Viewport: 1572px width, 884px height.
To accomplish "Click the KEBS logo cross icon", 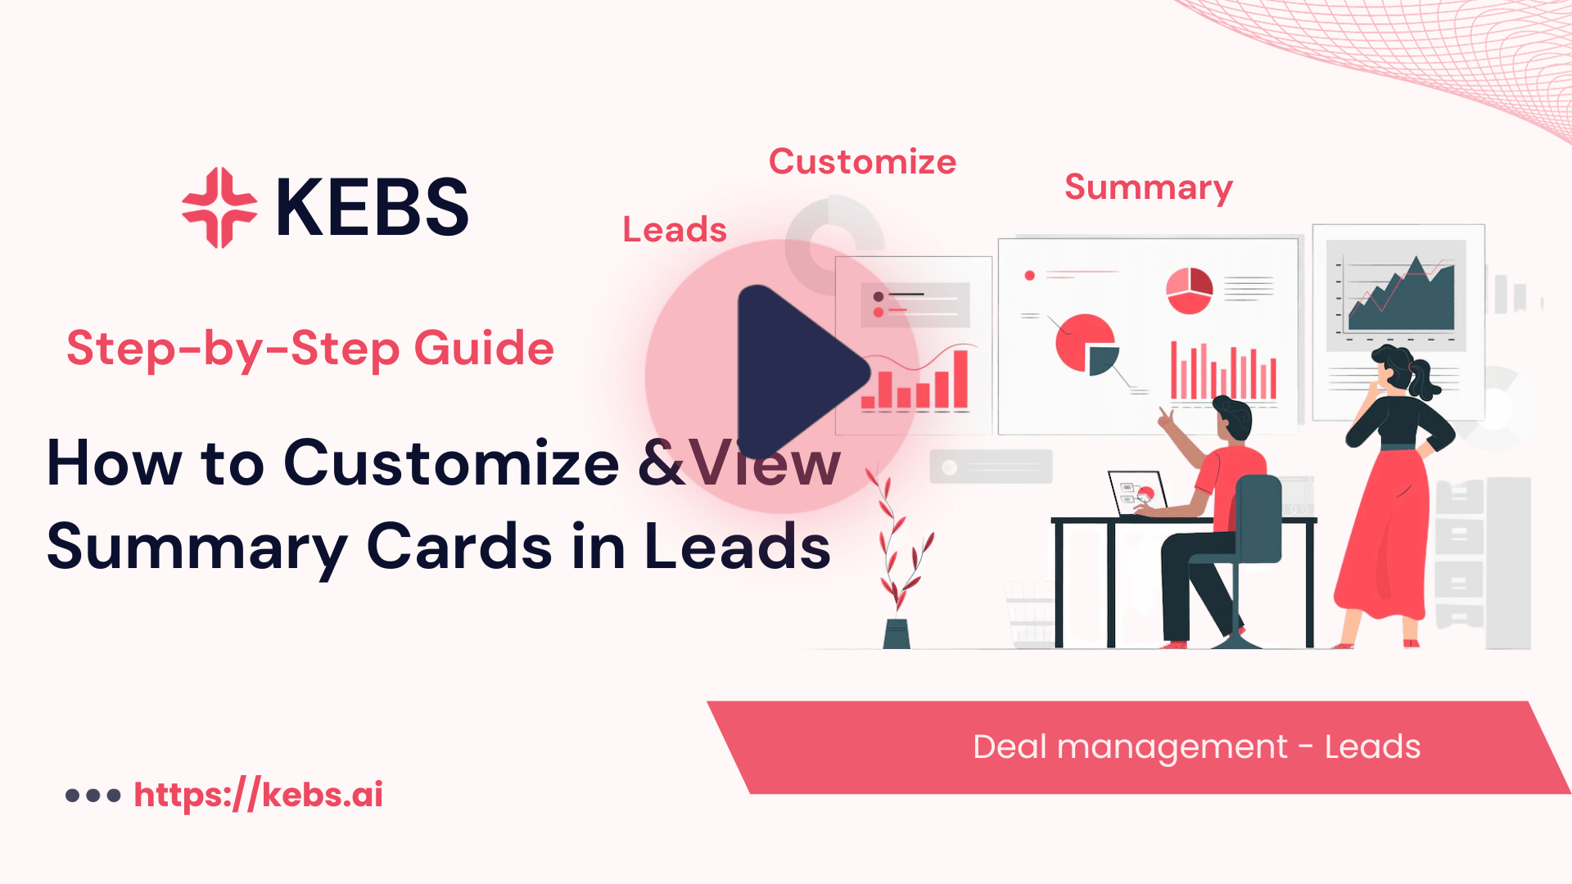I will (219, 207).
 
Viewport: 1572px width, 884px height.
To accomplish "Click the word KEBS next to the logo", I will (373, 208).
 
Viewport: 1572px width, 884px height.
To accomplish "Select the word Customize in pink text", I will (862, 161).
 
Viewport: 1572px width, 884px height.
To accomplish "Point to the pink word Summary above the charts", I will (1148, 187).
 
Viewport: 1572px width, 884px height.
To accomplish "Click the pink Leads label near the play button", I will (675, 229).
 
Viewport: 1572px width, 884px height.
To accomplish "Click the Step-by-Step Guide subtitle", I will (310, 348).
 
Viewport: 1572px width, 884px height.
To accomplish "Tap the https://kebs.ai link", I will (258, 795).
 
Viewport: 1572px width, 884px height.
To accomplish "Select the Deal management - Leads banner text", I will (1196, 746).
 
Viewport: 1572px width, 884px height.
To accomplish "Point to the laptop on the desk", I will (1137, 494).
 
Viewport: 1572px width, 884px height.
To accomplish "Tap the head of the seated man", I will (1231, 418).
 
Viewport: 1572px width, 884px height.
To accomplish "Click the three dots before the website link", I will (93, 795).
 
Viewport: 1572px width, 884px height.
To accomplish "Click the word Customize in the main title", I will (451, 462).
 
